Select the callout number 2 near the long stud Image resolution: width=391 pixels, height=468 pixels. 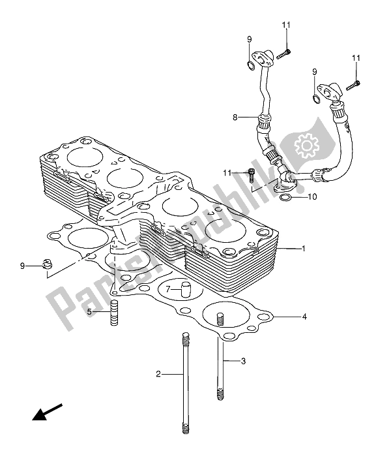[x=158, y=374]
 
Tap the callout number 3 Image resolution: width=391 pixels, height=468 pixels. [x=243, y=361]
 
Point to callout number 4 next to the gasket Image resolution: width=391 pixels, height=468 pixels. [x=304, y=317]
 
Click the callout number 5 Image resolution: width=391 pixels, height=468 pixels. [x=91, y=312]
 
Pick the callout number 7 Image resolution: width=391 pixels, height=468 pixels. [x=167, y=288]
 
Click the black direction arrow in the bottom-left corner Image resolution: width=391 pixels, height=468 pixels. [x=46, y=413]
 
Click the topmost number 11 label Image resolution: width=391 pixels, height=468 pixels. [x=285, y=25]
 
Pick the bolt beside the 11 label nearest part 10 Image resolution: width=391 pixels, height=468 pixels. [x=252, y=174]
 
